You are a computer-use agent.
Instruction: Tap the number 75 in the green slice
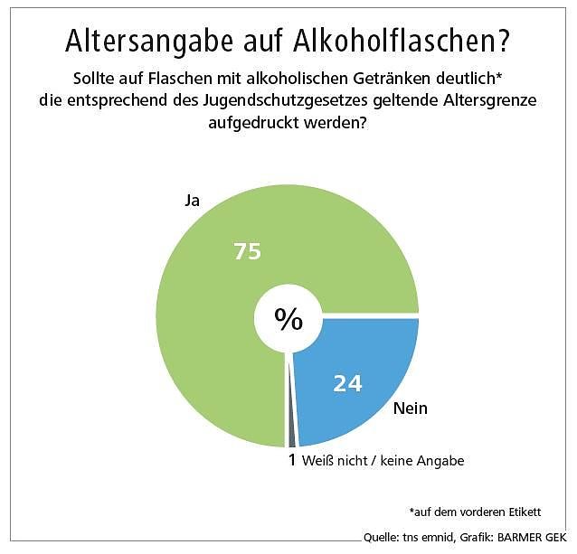247,252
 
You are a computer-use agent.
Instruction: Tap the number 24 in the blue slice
347,384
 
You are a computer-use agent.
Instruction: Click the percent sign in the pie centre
288,319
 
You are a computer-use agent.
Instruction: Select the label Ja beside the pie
191,201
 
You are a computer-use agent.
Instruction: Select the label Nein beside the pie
410,408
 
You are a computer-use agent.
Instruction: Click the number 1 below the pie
291,461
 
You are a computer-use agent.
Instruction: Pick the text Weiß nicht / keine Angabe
383,461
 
